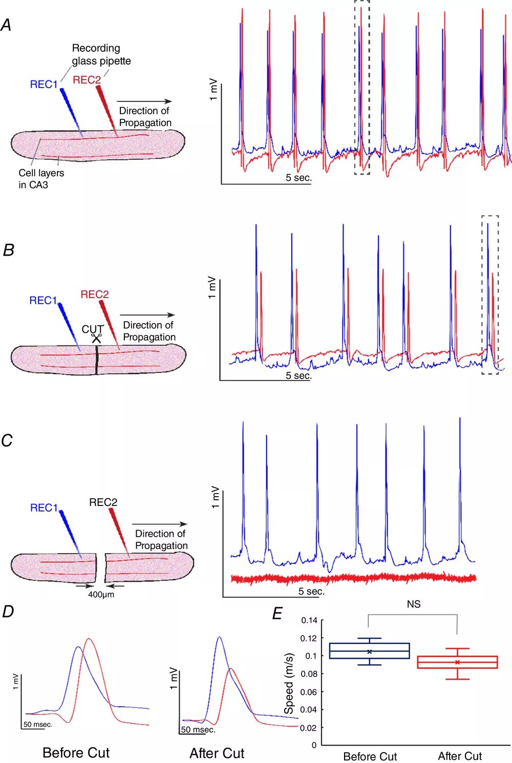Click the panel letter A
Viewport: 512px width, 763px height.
pos(6,25)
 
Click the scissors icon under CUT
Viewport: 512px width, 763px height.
pos(96,338)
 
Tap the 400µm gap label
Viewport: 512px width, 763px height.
pos(101,595)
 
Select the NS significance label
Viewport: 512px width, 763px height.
pos(413,604)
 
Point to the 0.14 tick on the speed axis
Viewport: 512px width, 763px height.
pos(309,620)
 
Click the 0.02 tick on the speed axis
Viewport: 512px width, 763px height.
pos(309,728)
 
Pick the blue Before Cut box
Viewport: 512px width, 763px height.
pos(369,651)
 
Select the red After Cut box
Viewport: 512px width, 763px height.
pos(457,662)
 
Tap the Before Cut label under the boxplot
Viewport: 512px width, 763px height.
pos(370,756)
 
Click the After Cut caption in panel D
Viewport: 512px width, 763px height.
pos(217,753)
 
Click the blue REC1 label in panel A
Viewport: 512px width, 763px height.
pos(44,84)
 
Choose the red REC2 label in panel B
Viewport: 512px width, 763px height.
pos(95,294)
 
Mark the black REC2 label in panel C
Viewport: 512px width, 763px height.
pos(103,502)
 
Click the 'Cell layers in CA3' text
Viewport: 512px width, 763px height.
pos(41,179)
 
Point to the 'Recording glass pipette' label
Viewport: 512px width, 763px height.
pos(101,54)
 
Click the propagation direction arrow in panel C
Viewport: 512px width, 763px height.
pos(160,524)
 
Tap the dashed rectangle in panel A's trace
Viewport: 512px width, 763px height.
pos(361,87)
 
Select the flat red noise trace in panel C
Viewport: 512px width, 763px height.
pos(353,578)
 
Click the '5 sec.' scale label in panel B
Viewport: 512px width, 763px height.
pos(298,375)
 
